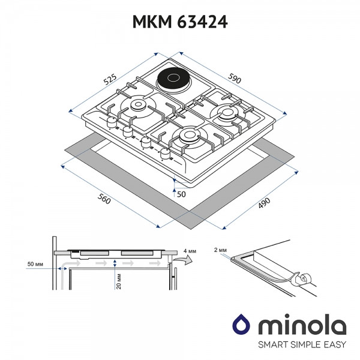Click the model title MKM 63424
point(179,22)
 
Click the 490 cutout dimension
point(264,205)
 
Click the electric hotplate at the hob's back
point(171,80)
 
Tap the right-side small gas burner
point(229,112)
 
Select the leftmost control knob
point(112,122)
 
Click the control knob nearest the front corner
point(165,155)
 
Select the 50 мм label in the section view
point(36,263)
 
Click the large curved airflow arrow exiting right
point(184,259)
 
